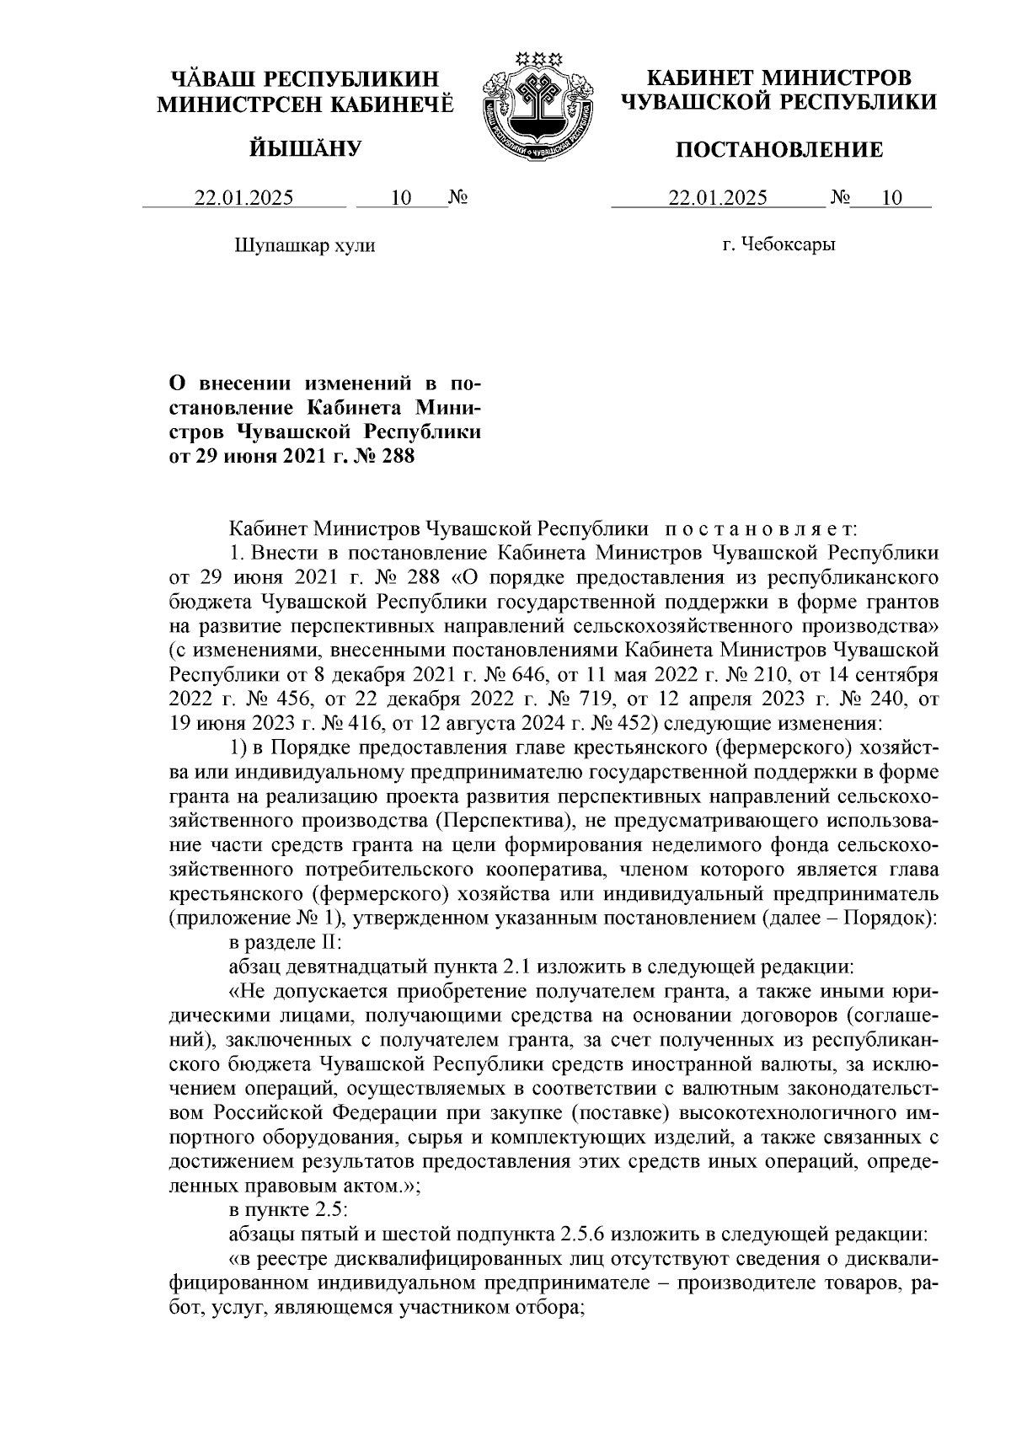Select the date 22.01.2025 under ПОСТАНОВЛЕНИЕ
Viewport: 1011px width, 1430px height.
point(718,199)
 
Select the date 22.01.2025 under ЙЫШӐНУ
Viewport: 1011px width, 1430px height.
point(244,199)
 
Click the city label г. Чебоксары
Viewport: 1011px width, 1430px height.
point(778,245)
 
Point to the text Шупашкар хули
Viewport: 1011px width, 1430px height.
point(302,246)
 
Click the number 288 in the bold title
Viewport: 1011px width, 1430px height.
point(399,457)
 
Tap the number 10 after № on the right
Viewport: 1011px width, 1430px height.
point(891,199)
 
